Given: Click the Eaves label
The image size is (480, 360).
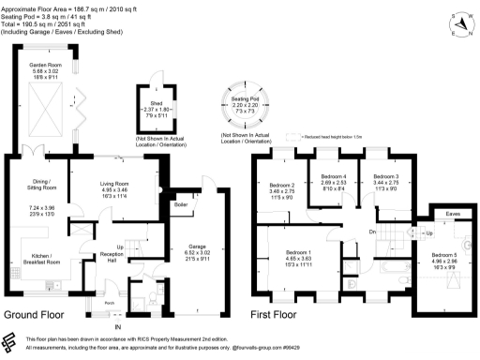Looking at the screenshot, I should [x=453, y=214].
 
